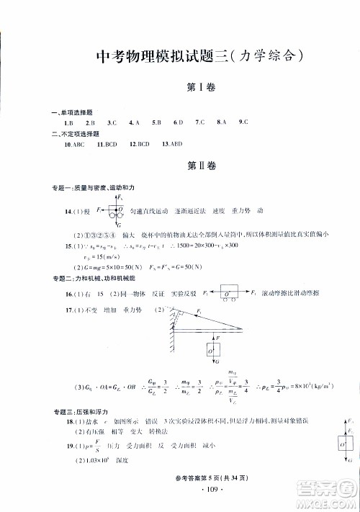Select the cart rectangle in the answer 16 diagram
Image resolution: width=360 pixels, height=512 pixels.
click(230, 295)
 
